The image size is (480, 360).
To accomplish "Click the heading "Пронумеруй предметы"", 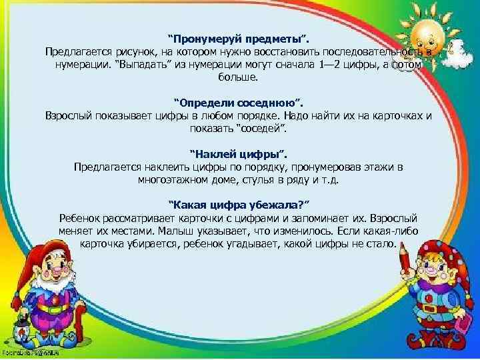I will [x=238, y=37].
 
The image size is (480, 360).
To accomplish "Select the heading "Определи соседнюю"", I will [x=238, y=102].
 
